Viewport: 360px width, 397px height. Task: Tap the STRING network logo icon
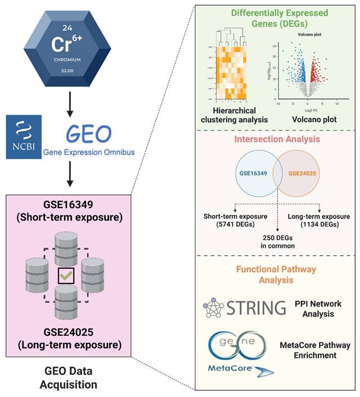[x=213, y=308]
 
